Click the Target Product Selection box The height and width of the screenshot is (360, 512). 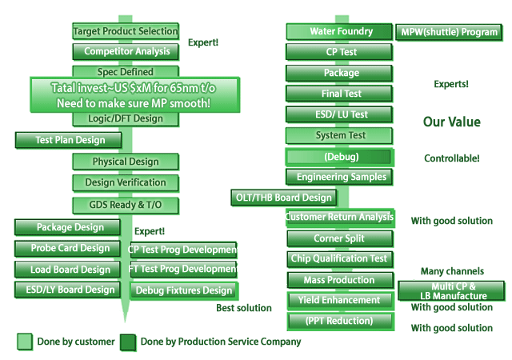pos(126,31)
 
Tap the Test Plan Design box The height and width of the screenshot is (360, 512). pos(70,140)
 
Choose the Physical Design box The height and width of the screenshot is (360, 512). pos(126,162)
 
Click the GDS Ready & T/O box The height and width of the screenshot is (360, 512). pos(126,205)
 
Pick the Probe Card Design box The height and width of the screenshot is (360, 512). pos(70,248)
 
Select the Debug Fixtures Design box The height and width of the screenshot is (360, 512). pos(184,290)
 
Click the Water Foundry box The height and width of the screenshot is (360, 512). pos(341,32)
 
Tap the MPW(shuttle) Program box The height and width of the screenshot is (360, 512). pos(448,33)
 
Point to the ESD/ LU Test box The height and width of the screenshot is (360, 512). pos(341,114)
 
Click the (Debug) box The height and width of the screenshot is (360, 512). pos(341,156)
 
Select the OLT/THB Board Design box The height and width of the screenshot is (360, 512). pos(283,197)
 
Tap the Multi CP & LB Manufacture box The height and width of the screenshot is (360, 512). pos(452,290)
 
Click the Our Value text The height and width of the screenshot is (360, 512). pos(451,122)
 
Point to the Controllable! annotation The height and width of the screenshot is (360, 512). pos(452,158)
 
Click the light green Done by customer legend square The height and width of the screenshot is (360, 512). pos(25,342)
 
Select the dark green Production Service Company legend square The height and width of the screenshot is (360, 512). pos(128,342)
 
